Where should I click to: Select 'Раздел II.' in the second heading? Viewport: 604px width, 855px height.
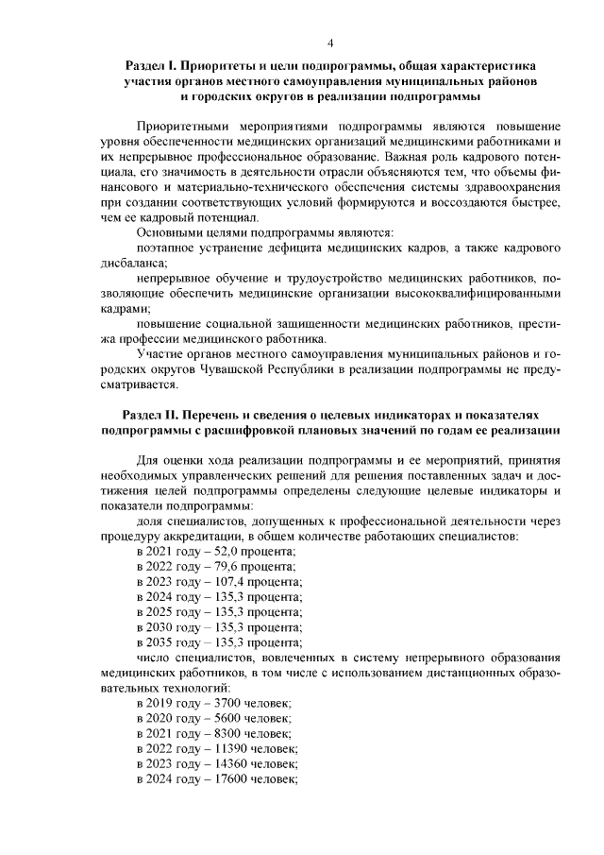[x=151, y=417]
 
